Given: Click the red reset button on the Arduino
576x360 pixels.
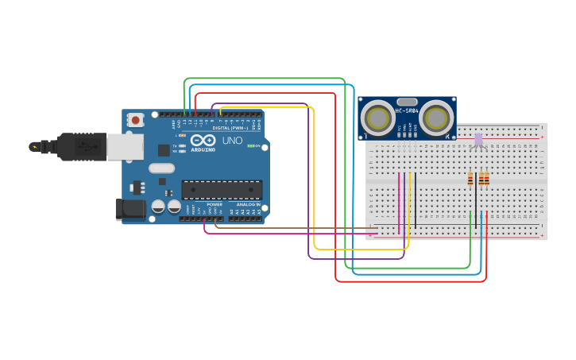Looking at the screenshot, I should click(136, 120).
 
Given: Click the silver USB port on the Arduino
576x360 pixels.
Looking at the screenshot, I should click(125, 147).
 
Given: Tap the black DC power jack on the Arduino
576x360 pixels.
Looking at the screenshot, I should click(130, 210).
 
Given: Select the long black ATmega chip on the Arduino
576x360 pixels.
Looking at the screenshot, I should click(222, 189).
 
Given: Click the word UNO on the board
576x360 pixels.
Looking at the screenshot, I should click(232, 141).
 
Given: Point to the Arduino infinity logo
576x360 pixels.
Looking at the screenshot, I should click(201, 140).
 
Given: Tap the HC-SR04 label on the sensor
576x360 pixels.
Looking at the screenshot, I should click(407, 111).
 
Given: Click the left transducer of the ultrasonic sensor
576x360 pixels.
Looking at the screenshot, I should click(377, 118).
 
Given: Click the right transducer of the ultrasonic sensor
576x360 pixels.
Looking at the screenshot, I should click(437, 118).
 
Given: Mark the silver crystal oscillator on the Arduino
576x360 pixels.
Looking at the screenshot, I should click(161, 168).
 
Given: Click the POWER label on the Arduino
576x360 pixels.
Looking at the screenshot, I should click(215, 204).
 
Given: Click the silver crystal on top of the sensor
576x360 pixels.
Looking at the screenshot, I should click(407, 102).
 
